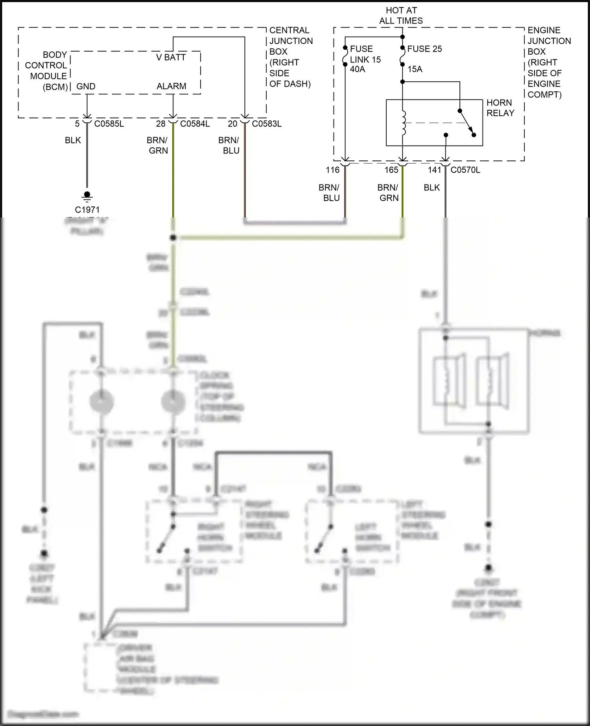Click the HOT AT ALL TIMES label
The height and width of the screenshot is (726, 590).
point(401,16)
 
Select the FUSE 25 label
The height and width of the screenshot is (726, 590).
point(424,49)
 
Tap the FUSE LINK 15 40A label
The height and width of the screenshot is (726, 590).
point(365,59)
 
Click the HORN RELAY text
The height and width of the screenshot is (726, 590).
point(500,108)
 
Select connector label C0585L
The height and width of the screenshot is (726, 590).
point(109,124)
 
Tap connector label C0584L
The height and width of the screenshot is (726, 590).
point(195,124)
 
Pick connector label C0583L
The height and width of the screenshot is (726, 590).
point(267,124)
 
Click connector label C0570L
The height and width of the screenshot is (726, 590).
point(465,170)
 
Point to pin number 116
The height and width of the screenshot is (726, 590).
point(332,170)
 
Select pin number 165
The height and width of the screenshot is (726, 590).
point(391,170)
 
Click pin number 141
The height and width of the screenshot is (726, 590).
point(435,170)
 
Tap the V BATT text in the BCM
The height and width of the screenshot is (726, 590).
point(171,57)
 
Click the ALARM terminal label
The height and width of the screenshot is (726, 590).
point(171,86)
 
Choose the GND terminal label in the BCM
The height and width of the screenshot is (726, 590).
point(86,87)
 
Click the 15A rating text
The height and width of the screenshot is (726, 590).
point(415,69)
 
